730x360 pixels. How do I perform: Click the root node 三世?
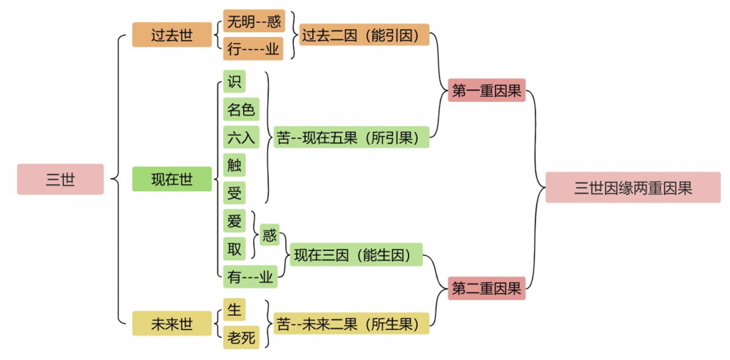tap(61, 179)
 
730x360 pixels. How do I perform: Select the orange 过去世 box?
tap(172, 34)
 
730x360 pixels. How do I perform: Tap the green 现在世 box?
tap(172, 179)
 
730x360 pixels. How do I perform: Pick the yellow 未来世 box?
tap(172, 324)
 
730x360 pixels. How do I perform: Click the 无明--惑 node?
tap(253, 21)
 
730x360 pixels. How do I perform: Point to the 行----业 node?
tap(253, 48)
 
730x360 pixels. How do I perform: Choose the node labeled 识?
tap(234, 81)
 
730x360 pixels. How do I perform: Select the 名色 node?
tap(240, 109)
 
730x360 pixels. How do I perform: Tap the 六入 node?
tap(240, 137)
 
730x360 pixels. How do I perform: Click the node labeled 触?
tap(234, 165)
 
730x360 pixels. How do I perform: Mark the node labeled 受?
tap(234, 192)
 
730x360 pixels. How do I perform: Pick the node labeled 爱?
tap(234, 220)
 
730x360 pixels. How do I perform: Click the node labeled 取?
tap(234, 247)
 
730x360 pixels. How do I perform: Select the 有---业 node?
tap(250, 277)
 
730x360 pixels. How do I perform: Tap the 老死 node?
tap(240, 337)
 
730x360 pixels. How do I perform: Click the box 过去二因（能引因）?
tap(364, 34)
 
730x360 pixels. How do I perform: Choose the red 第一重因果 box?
tap(488, 91)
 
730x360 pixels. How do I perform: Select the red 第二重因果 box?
tap(488, 289)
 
